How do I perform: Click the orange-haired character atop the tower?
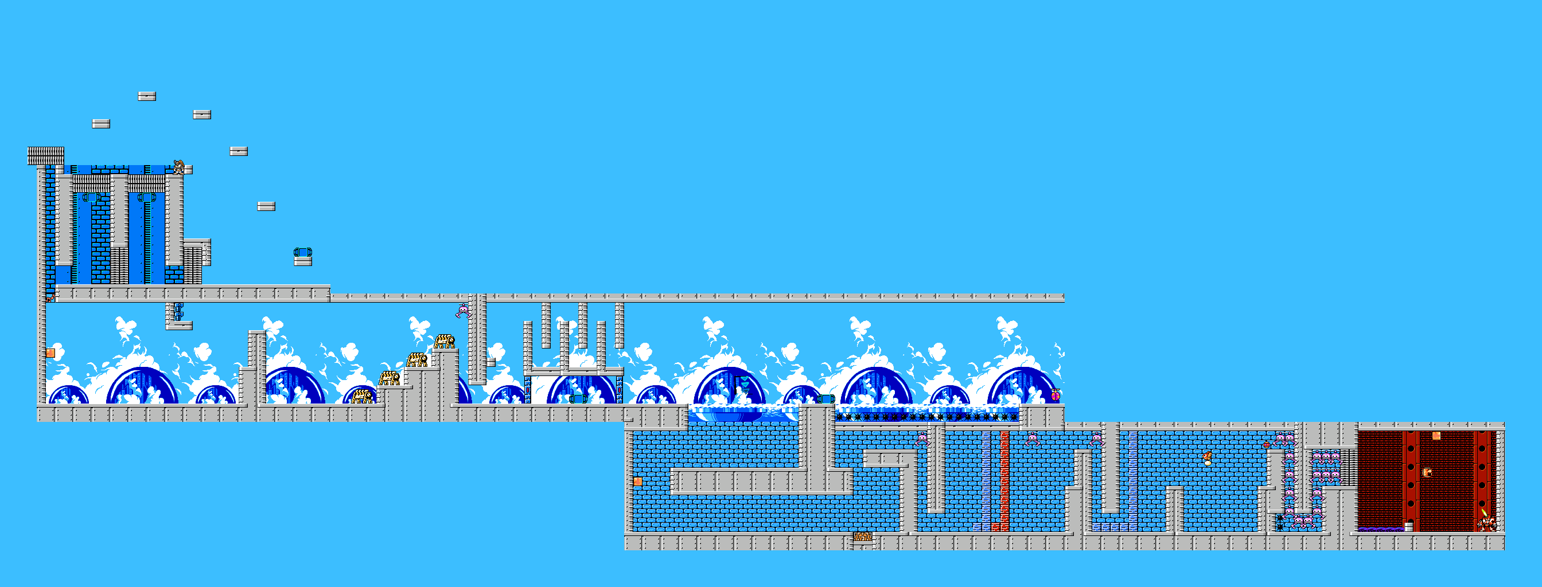point(178,166)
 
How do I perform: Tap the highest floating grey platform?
point(147,96)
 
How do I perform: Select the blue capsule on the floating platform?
point(303,252)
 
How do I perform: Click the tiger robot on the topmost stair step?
point(444,342)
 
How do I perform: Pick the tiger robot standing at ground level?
point(361,396)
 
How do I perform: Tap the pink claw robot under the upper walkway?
point(463,311)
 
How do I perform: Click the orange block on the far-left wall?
point(50,353)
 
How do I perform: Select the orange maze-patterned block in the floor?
point(863,537)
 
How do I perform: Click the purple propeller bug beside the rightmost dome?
point(1055,395)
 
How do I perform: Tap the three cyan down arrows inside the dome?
point(744,383)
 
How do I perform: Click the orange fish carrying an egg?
point(1207,459)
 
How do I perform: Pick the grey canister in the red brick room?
point(1408,527)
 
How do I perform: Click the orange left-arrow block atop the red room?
point(1436,436)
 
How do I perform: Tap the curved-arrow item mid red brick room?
point(1428,472)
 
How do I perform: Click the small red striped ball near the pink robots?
point(1266,445)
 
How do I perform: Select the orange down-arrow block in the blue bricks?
point(637,482)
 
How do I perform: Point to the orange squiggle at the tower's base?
point(50,296)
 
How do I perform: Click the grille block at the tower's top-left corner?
point(45,155)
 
